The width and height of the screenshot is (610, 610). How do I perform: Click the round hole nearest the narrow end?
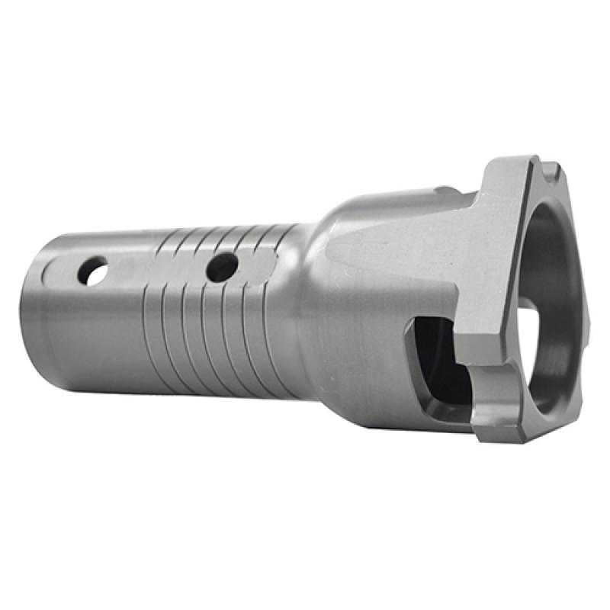pyautogui.click(x=92, y=271)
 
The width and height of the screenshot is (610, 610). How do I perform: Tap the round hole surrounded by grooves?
pyautogui.click(x=222, y=265)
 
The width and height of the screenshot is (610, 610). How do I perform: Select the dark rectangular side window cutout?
pyautogui.click(x=435, y=366)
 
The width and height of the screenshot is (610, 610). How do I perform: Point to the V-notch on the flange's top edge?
pyautogui.click(x=547, y=163)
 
